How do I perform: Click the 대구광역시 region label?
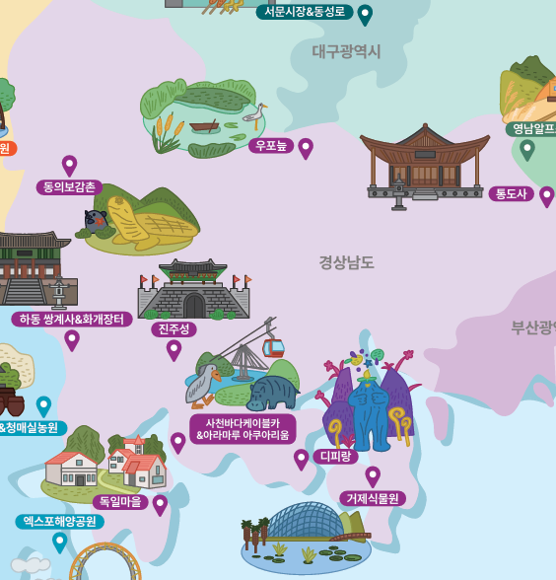click(346, 51)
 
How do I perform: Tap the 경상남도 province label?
click(346, 262)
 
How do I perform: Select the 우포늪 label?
click(271, 146)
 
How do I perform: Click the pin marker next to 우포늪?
click(306, 148)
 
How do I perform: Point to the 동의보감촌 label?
click(69, 186)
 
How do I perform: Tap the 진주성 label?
click(174, 328)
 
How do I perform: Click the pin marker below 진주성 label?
click(174, 349)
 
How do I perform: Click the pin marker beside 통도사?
click(546, 195)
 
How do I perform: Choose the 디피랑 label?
click(335, 456)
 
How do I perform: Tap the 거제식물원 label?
click(373, 498)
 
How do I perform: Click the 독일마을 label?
click(120, 502)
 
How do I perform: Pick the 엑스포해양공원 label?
click(59, 521)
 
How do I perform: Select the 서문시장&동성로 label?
click(305, 12)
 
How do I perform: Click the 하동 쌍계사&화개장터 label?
click(72, 319)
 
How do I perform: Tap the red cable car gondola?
click(273, 347)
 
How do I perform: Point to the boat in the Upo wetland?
click(204, 126)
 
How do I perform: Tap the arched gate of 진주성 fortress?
click(194, 305)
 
